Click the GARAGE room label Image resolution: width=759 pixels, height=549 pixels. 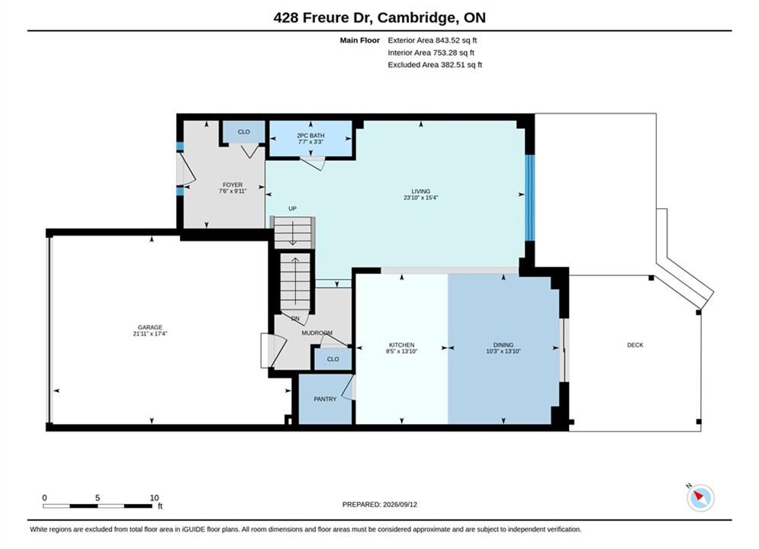[150, 327]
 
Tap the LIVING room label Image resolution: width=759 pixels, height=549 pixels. [420, 191]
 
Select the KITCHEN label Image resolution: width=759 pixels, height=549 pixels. [402, 345]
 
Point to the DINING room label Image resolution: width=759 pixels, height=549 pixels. [503, 345]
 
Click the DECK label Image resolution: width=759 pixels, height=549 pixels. [635, 345]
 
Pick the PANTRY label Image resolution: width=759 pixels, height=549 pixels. [325, 399]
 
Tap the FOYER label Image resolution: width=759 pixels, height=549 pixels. [233, 185]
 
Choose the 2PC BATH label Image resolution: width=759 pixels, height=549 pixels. [310, 136]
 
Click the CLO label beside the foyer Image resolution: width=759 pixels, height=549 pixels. [244, 132]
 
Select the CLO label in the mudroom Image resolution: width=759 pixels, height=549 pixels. [333, 359]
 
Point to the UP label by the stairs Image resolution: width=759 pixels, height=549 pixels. [292, 208]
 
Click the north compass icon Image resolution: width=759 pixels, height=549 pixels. [700, 497]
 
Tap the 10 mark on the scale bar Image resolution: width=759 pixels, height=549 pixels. [154, 498]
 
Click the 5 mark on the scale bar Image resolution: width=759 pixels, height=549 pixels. [98, 498]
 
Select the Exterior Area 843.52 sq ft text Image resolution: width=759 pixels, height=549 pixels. [433, 40]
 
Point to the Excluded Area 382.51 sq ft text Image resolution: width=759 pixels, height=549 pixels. [435, 64]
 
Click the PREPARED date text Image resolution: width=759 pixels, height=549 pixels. [380, 504]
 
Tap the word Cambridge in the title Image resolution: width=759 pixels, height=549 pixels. [416, 18]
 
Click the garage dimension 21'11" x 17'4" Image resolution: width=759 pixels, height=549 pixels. [150, 334]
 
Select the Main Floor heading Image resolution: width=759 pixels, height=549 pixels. [359, 40]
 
